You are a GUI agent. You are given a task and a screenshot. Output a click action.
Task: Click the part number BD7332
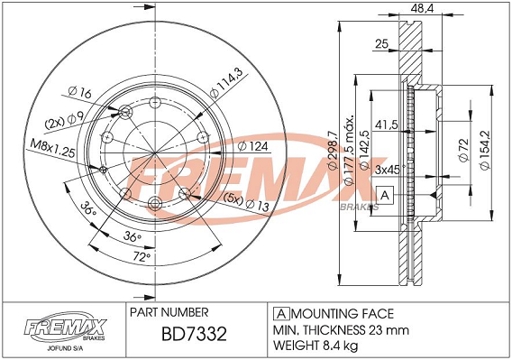[x=194, y=334]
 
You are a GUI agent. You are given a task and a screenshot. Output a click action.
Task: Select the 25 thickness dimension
[x=381, y=43]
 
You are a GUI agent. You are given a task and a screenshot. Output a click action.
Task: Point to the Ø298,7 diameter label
[x=332, y=150]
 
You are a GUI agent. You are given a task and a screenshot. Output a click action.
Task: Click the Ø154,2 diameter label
[x=484, y=150]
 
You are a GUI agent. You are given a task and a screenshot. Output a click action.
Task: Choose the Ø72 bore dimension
[x=463, y=150]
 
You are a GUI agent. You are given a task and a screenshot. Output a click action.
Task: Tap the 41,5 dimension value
[x=387, y=125]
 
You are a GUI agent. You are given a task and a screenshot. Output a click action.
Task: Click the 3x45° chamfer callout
[x=390, y=170]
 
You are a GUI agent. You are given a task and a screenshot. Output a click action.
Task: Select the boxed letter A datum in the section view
[x=385, y=195]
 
